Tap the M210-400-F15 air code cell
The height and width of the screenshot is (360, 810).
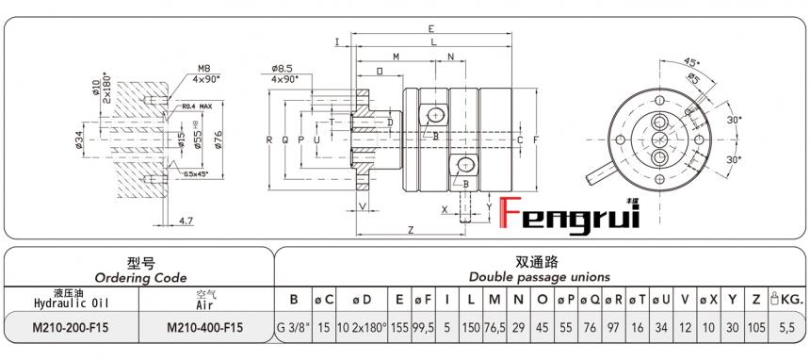coord(204,327)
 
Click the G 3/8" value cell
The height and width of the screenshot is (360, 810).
coord(294,327)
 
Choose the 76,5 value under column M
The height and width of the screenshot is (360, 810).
coord(494,327)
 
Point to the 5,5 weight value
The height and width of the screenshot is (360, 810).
coord(788,327)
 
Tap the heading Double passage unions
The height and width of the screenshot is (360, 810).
coord(540,277)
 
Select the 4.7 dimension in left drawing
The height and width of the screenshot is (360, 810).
coord(186,221)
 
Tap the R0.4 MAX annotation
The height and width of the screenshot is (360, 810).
coord(197,106)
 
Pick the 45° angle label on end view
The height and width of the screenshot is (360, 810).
coord(692,62)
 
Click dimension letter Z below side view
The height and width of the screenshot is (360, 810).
coord(412,230)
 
